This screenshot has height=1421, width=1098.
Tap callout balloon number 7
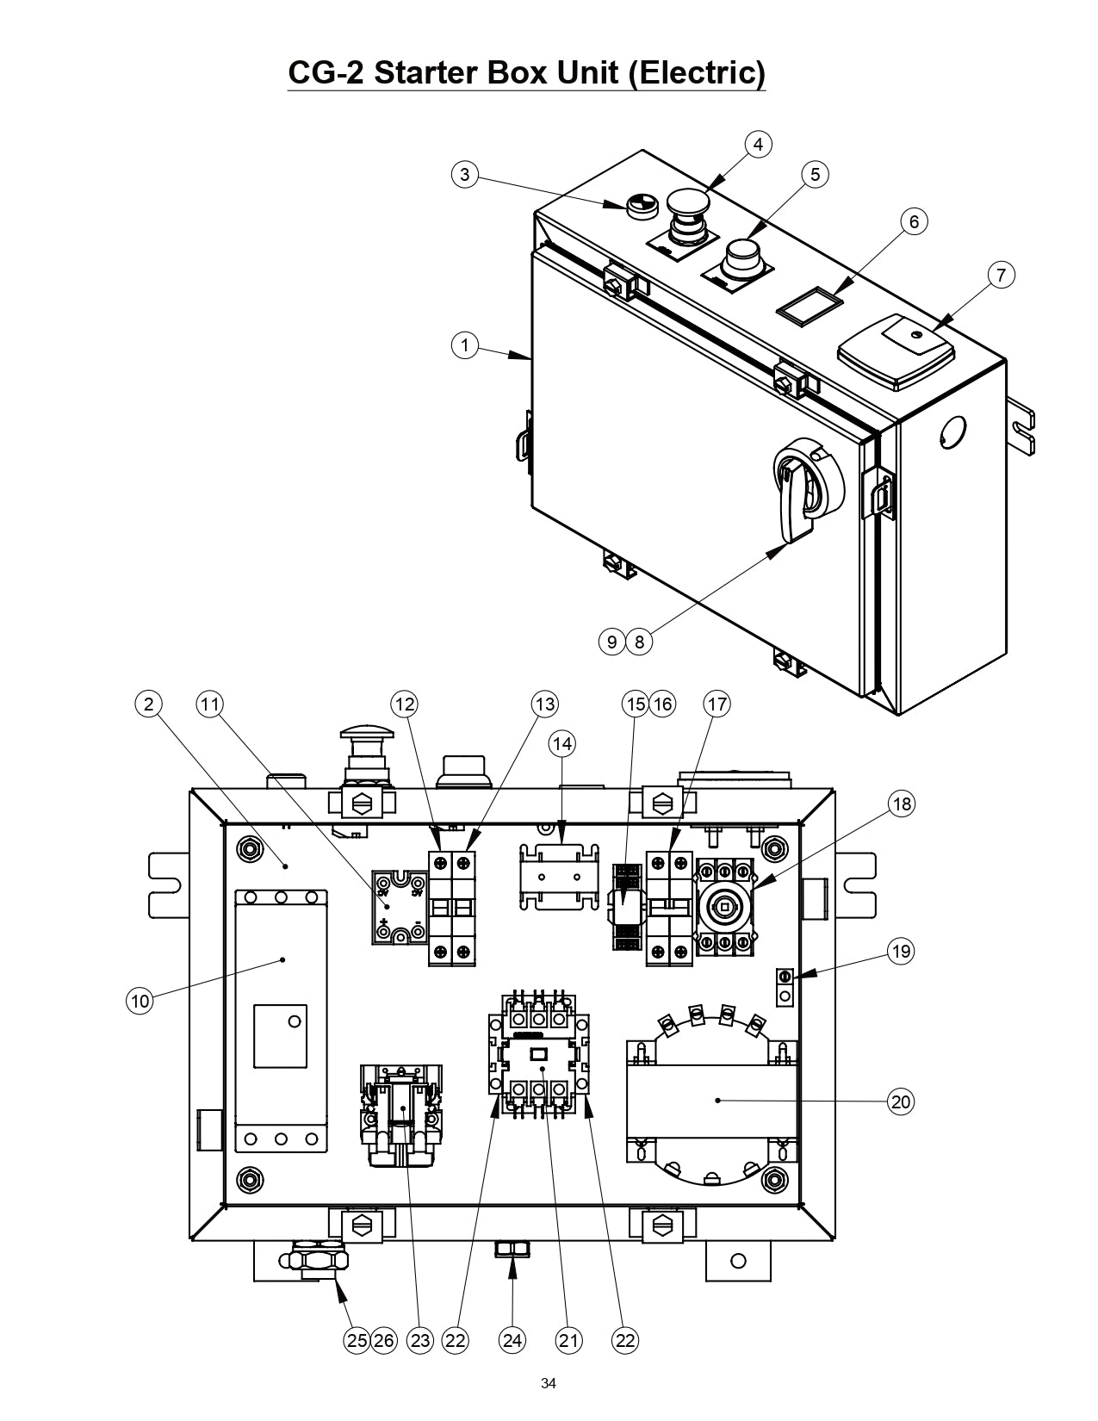(1000, 276)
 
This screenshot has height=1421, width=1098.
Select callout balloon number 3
(465, 175)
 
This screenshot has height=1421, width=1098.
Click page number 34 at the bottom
(549, 1384)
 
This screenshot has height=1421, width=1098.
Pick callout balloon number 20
(901, 1101)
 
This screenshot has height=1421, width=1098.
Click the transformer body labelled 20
(711, 1100)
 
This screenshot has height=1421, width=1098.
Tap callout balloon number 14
(562, 743)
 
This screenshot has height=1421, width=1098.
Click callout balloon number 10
(140, 1001)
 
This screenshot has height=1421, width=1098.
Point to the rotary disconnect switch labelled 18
(725, 906)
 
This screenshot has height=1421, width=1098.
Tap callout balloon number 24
(512, 1340)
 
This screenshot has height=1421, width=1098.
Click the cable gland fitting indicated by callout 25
(314, 1262)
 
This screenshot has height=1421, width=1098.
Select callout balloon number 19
(901, 952)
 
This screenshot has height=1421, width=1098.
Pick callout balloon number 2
(148, 704)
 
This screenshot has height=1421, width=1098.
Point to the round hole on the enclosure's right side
(953, 430)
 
